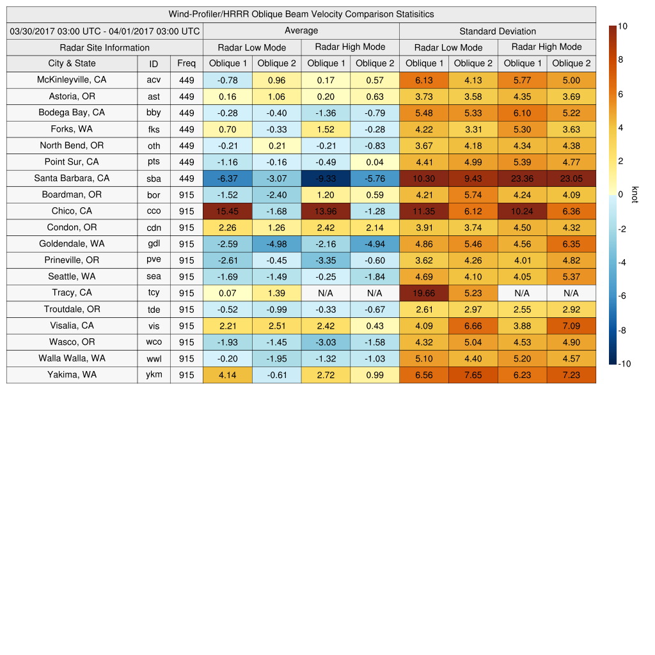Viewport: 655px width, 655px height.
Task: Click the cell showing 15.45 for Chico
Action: [227, 211]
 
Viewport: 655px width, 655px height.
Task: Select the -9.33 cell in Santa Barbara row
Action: [326, 178]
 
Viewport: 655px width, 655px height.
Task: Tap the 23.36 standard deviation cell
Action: [522, 178]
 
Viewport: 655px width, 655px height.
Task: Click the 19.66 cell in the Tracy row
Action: [423, 293]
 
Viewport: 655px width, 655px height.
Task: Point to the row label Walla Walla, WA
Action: [72, 359]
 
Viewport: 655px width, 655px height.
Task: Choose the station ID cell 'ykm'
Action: [154, 375]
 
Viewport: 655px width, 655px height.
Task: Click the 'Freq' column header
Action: [186, 63]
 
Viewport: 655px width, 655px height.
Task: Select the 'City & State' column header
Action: [72, 63]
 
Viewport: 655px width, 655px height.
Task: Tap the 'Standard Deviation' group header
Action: [498, 31]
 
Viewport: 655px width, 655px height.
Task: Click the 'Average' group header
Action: [301, 31]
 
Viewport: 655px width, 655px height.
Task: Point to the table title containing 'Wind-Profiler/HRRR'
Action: [301, 14]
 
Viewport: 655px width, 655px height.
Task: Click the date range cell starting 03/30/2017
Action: [105, 31]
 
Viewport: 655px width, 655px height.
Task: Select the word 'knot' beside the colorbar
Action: [635, 194]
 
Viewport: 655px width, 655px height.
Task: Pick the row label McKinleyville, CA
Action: [72, 80]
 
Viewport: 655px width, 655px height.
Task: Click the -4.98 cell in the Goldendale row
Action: [276, 244]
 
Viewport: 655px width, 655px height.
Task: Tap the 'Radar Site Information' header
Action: [105, 47]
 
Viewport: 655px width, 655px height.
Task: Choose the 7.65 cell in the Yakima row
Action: [473, 375]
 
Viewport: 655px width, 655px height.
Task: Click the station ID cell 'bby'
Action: [154, 113]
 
